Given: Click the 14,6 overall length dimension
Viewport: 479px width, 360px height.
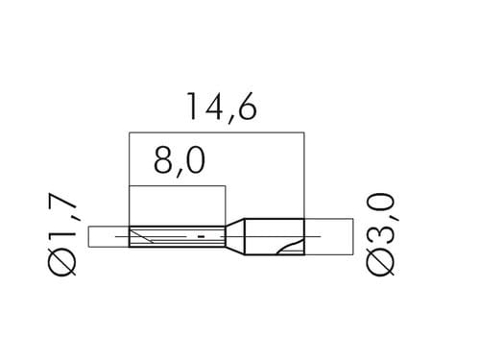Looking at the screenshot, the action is [x=222, y=107].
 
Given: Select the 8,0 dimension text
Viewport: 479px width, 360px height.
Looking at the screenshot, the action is [x=180, y=161].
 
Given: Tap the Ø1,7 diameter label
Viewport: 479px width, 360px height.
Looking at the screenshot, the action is [x=62, y=234].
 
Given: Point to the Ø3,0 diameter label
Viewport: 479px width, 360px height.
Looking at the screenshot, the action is [x=380, y=234].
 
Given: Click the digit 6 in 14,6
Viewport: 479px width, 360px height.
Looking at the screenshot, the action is [x=247, y=107].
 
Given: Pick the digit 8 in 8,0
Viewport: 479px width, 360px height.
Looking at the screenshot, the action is [x=164, y=161].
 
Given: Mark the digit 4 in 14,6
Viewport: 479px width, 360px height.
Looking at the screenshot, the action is [x=214, y=107].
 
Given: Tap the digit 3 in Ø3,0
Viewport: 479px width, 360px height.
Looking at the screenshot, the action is [x=380, y=237].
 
